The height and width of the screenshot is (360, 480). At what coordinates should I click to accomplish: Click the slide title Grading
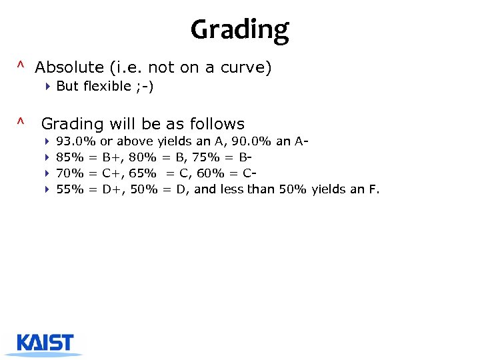240,30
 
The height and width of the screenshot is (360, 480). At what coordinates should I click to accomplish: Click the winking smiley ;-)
145,86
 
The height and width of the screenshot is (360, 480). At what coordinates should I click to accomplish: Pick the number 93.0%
76,141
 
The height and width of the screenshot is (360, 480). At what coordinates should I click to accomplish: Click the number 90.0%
251,141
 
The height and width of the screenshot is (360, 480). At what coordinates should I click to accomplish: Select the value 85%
70,157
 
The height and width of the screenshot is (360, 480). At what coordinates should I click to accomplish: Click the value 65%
143,173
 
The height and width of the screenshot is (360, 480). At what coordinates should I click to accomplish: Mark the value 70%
70,173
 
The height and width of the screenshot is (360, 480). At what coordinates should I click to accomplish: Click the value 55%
70,189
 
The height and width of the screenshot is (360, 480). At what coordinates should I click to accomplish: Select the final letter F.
374,189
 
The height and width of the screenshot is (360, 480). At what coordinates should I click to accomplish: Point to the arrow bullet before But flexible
49,86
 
